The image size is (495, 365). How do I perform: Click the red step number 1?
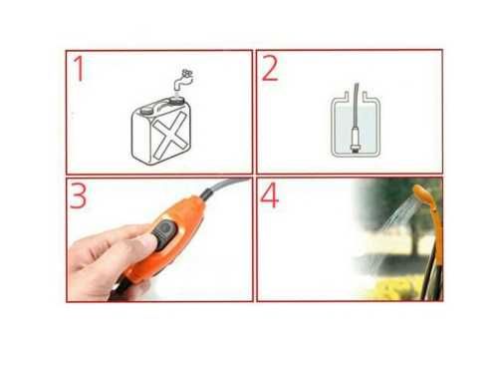pos(80,69)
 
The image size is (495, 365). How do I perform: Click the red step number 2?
pos(270,69)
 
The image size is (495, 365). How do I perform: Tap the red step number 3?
pos(79,195)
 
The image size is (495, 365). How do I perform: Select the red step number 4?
pos(269,195)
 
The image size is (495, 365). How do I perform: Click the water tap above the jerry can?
pos(183,80)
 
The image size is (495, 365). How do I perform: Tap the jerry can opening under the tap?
pos(176,100)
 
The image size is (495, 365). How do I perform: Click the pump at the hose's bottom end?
pos(355,140)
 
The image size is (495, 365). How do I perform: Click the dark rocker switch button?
pos(165,233)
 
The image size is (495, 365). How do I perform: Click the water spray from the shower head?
pos(399,213)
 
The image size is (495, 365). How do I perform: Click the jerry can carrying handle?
pos(163,105)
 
